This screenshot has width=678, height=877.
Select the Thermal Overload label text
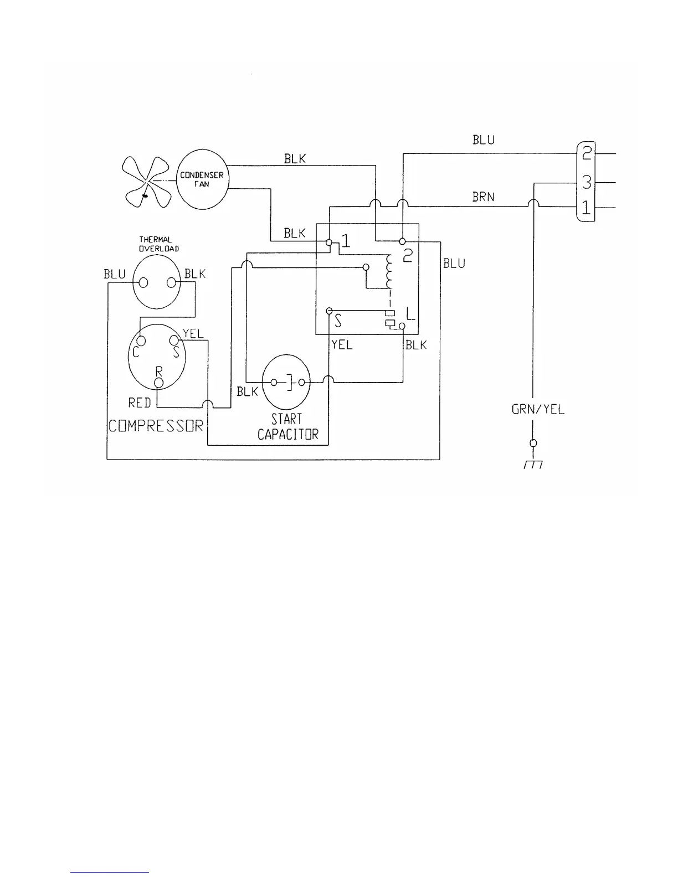[x=158, y=244]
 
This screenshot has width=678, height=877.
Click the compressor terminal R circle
[x=159, y=383]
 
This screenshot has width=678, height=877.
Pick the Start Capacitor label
[x=287, y=427]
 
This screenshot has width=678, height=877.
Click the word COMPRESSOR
[x=156, y=426]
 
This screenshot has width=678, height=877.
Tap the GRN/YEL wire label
[x=537, y=410]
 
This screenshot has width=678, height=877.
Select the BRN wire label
[x=484, y=197]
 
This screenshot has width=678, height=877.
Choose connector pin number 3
[x=586, y=182]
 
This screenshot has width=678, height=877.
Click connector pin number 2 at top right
[x=586, y=152]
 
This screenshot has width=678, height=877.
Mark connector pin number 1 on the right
[x=586, y=209]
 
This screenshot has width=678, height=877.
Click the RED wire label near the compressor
[x=140, y=403]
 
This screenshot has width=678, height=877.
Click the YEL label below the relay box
[x=342, y=345]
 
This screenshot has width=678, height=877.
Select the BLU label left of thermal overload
[x=115, y=274]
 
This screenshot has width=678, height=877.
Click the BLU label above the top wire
[x=484, y=140]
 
